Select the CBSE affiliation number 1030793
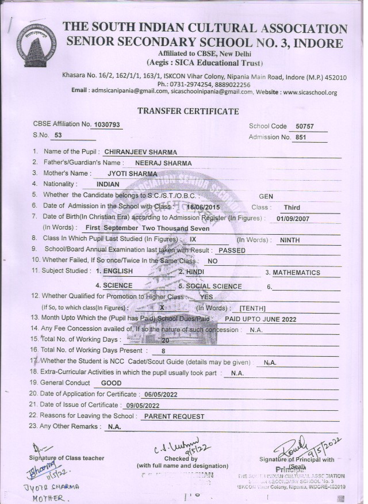click(x=107, y=124)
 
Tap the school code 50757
click(x=305, y=127)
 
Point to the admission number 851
click(x=300, y=138)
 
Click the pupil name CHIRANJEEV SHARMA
click(x=141, y=152)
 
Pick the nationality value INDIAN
click(x=109, y=184)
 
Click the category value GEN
click(x=266, y=196)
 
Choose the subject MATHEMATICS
click(x=297, y=273)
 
